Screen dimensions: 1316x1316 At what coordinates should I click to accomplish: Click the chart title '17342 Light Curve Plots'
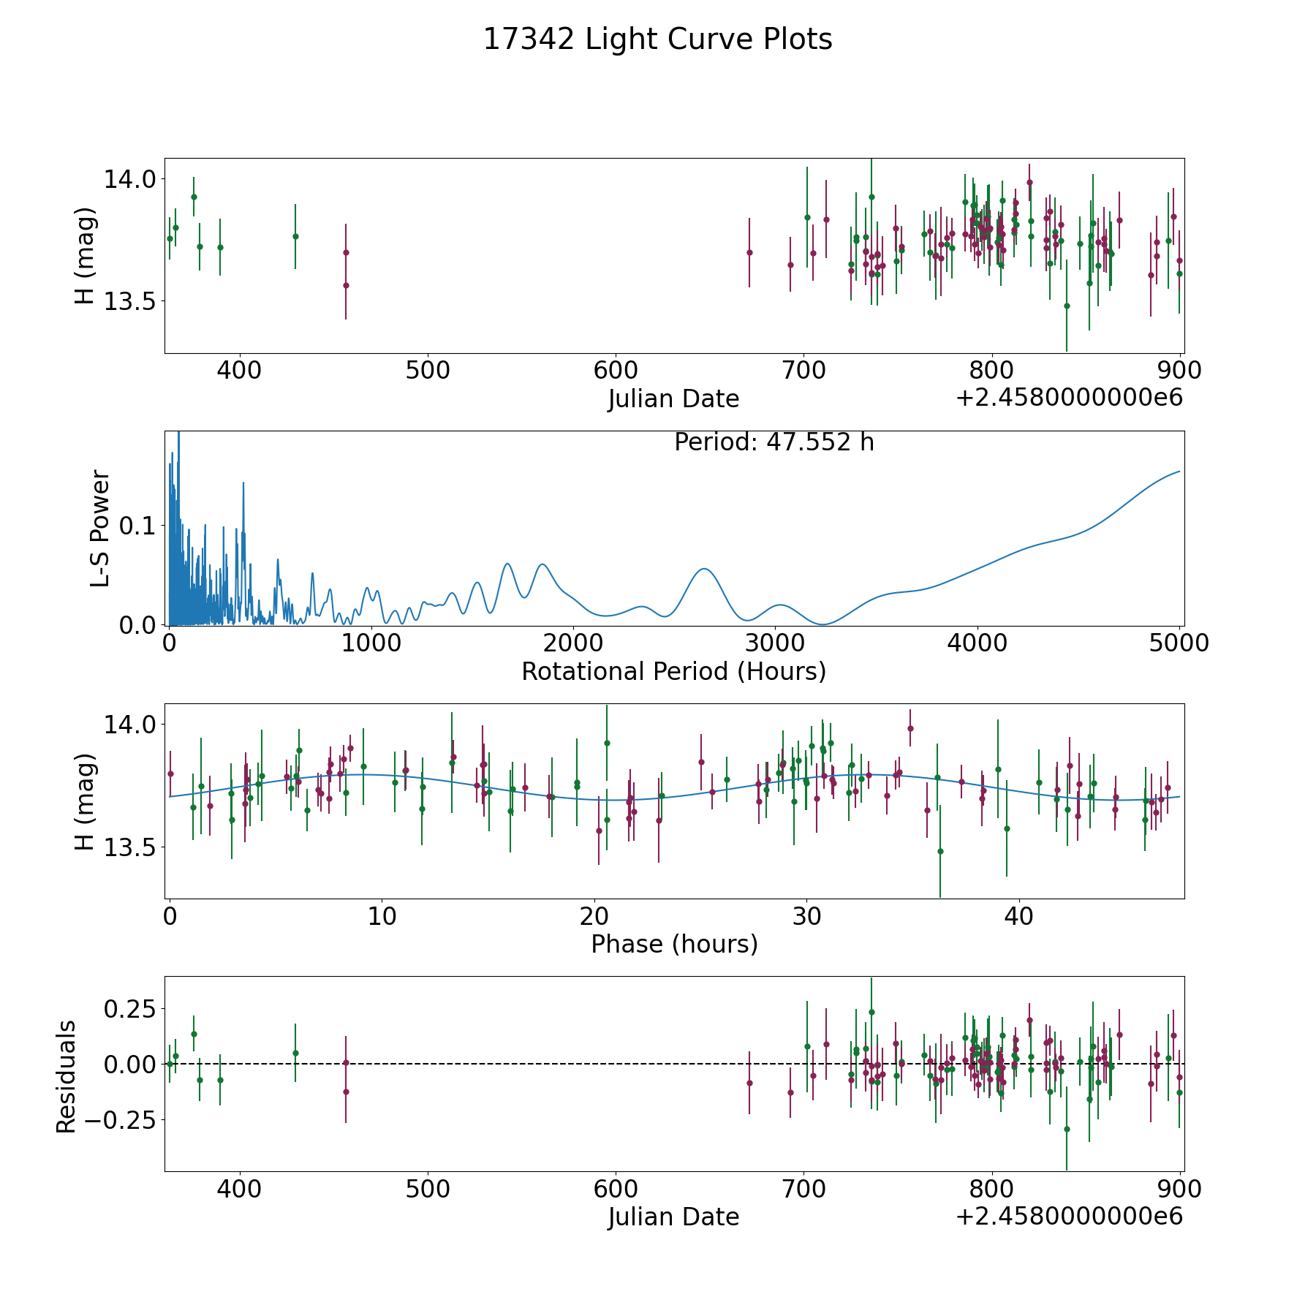click(657, 39)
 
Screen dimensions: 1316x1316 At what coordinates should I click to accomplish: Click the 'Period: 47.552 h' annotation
click(774, 442)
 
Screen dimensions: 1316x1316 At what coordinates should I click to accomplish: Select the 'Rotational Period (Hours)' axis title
click(673, 671)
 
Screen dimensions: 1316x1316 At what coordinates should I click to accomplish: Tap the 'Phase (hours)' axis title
click(674, 944)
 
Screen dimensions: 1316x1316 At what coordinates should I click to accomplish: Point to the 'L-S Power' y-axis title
click(100, 529)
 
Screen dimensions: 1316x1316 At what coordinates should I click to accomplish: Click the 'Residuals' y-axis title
click(67, 1076)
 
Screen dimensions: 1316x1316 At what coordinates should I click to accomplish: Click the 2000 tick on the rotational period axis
click(573, 643)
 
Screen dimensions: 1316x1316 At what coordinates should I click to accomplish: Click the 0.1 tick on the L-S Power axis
click(139, 526)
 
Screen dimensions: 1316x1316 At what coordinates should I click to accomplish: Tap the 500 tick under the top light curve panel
click(428, 371)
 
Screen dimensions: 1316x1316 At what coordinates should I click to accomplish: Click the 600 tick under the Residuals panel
click(616, 1189)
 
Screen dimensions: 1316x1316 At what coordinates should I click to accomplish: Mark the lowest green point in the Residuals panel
click(1067, 1129)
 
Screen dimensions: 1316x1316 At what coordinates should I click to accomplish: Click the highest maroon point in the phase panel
click(910, 728)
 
